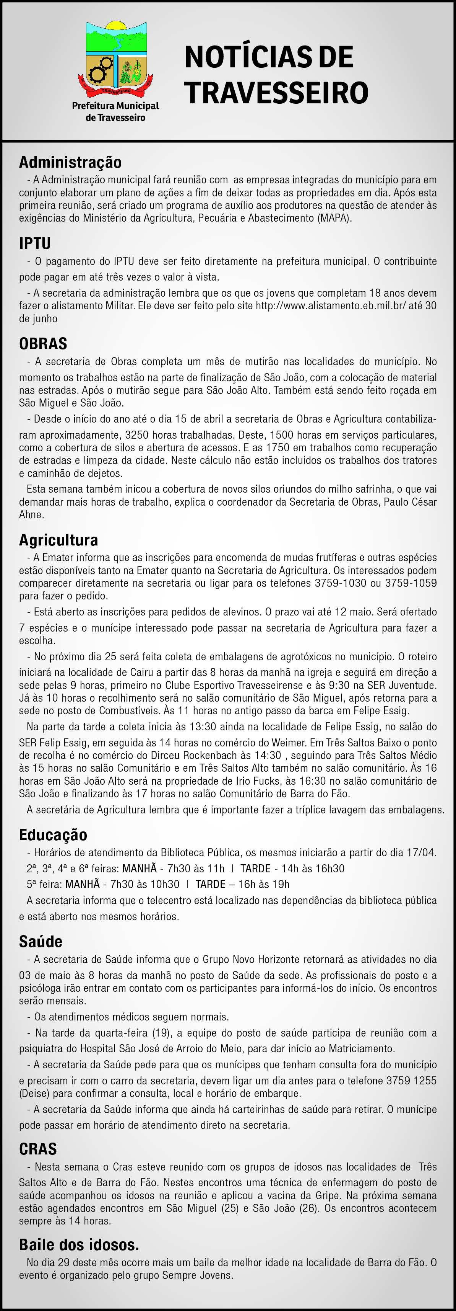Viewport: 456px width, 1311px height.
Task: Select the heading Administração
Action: (70, 162)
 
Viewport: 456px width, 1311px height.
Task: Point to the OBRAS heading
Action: (43, 343)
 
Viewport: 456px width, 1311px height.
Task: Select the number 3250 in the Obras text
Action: (136, 436)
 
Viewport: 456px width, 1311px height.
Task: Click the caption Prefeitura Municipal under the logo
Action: (115, 106)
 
